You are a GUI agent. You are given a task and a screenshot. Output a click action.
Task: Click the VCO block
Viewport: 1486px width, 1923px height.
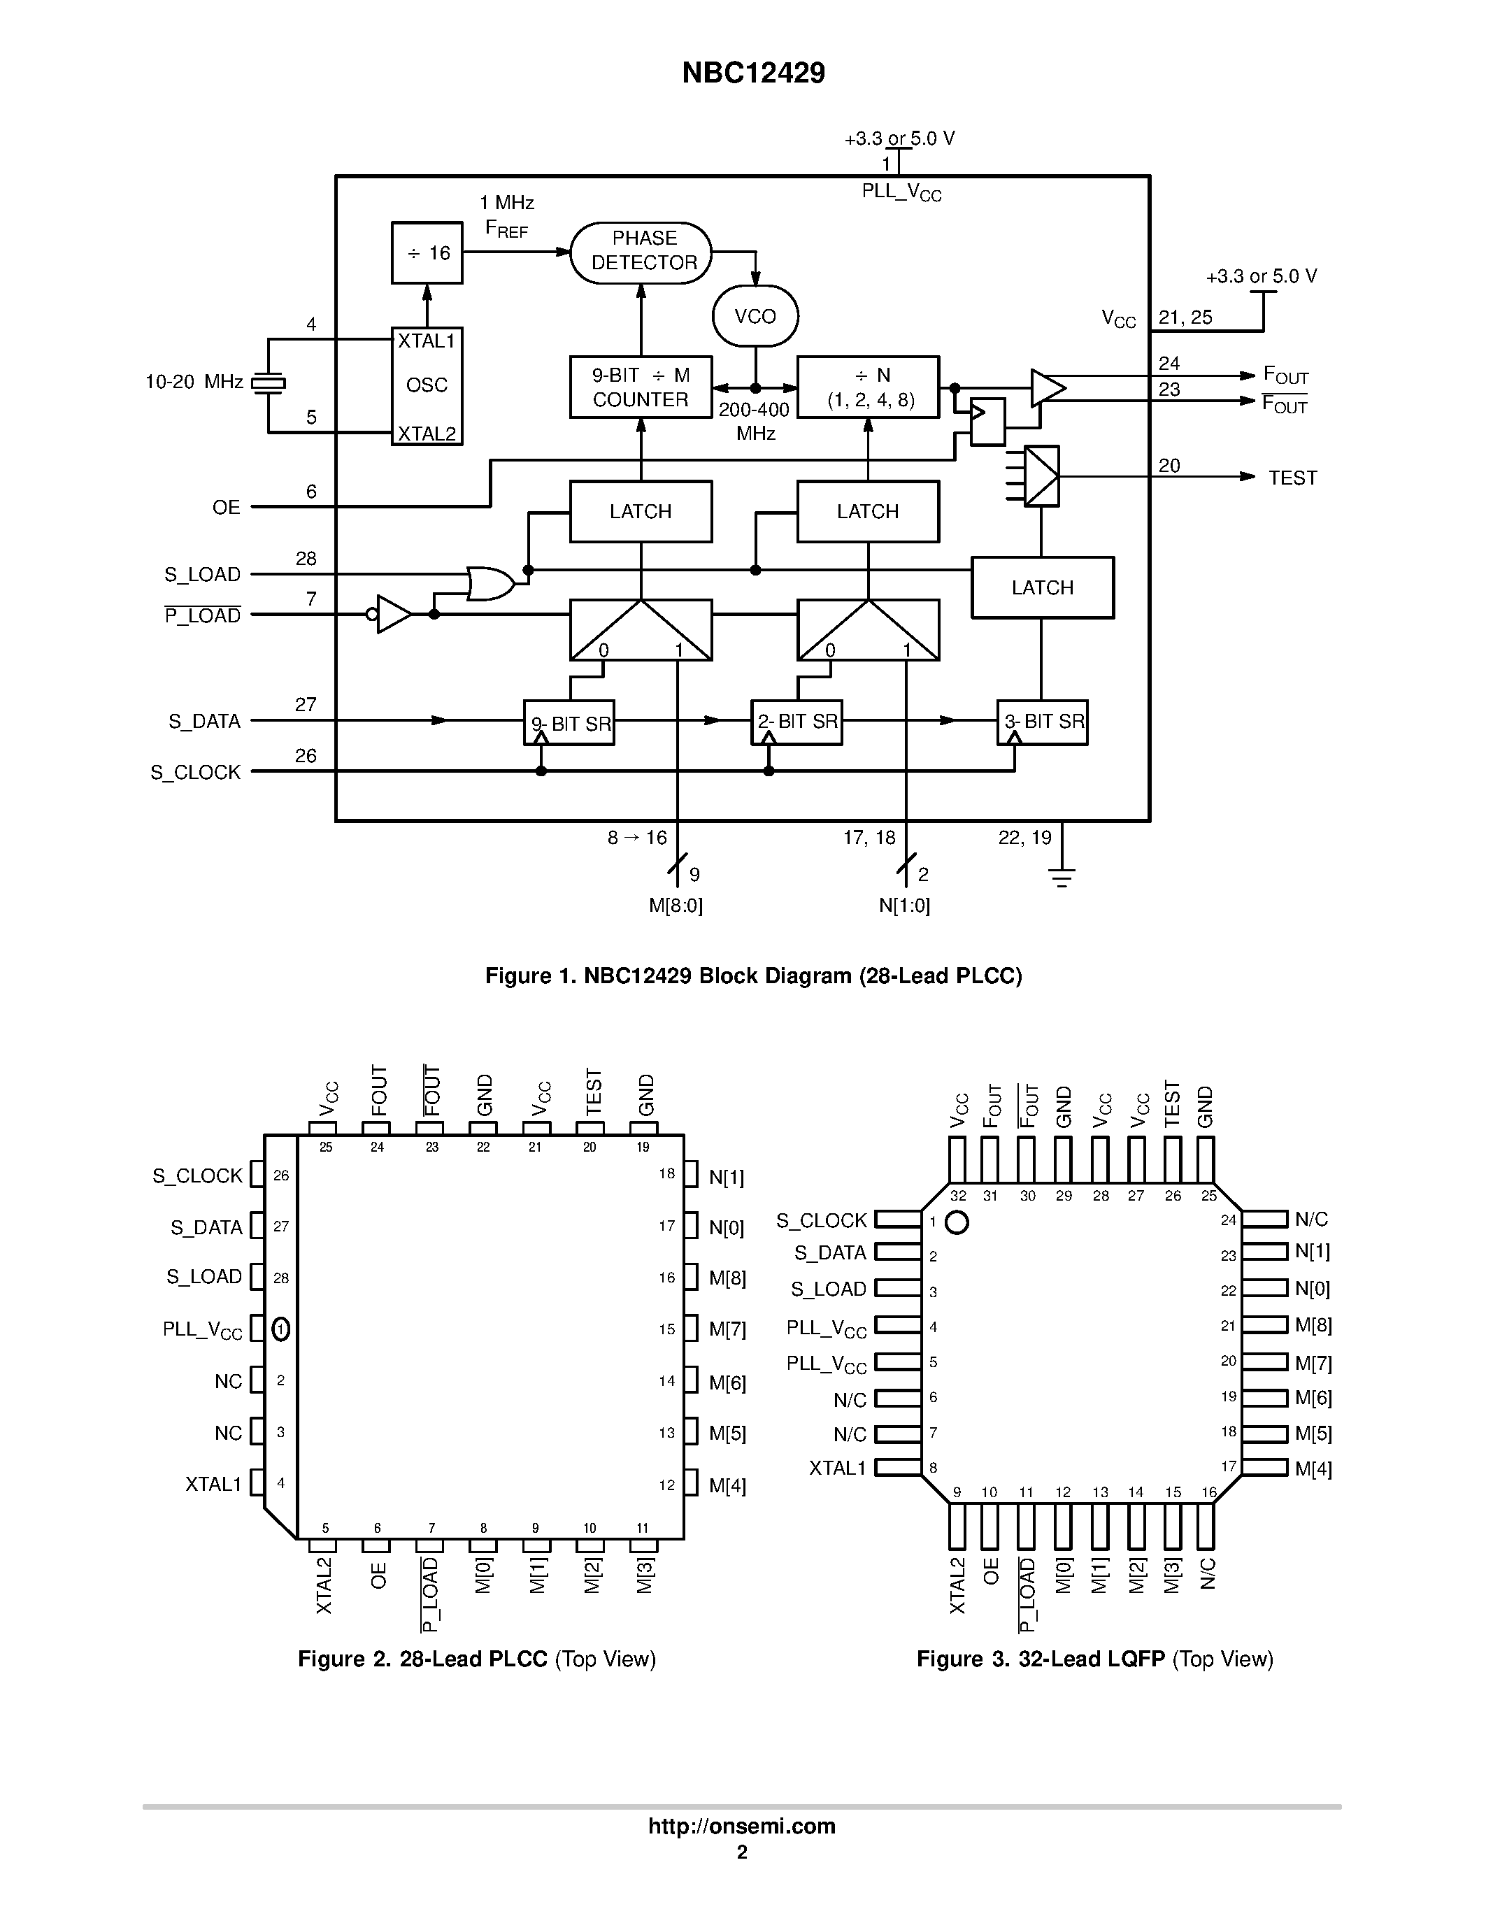click(755, 316)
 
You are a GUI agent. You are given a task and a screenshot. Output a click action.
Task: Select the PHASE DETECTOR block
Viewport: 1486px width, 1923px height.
click(642, 251)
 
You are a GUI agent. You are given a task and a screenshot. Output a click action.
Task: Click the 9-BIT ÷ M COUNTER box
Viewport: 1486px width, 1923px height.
click(640, 387)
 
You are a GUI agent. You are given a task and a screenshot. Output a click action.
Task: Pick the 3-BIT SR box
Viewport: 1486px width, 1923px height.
click(1043, 722)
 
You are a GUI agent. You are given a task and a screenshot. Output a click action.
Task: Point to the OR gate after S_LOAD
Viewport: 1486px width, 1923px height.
click(490, 583)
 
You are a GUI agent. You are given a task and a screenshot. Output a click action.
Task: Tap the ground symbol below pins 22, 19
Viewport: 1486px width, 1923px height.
click(1062, 876)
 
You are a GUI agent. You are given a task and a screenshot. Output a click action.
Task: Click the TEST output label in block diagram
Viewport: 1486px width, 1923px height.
click(1292, 478)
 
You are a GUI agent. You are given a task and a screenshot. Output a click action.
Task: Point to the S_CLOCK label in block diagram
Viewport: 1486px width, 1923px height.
click(195, 772)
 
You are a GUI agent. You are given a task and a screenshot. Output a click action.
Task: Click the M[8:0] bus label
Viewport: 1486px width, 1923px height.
click(676, 905)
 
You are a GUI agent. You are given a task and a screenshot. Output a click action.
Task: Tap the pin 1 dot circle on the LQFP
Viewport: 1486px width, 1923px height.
click(956, 1222)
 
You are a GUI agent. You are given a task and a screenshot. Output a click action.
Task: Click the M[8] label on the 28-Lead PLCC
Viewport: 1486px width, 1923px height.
click(727, 1278)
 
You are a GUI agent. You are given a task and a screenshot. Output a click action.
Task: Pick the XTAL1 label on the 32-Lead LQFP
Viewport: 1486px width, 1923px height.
click(837, 1468)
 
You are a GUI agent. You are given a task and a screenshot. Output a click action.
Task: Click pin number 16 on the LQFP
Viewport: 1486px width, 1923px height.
click(1208, 1492)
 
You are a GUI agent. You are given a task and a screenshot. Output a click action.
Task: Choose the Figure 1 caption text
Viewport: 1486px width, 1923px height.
click(754, 975)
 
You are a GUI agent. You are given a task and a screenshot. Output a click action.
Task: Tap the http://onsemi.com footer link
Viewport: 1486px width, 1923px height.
click(741, 1826)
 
